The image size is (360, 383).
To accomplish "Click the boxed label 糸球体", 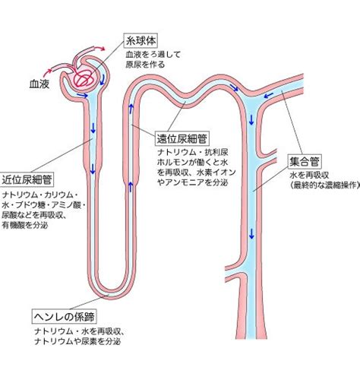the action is (x=141, y=40).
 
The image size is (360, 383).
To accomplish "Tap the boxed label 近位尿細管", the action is (x=27, y=179).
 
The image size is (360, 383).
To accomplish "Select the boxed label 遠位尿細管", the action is (x=182, y=138).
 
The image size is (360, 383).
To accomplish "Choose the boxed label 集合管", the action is (x=305, y=162).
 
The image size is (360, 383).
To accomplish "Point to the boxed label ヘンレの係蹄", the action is (x=65, y=316).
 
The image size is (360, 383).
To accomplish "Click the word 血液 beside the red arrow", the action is (x=39, y=84).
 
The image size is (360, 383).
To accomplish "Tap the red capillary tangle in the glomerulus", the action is (x=84, y=78).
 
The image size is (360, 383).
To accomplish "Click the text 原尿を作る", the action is (x=145, y=65).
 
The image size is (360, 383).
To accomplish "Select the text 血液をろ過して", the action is (x=153, y=55).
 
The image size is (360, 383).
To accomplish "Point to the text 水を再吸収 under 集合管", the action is (x=310, y=176).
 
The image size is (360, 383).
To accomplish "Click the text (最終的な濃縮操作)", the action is (x=325, y=185).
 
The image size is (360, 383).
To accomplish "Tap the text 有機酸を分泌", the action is (x=25, y=225).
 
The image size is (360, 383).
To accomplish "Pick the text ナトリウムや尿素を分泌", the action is (x=77, y=341).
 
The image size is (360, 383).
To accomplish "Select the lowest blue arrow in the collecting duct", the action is (x=251, y=233).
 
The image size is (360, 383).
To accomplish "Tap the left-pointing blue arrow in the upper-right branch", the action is (x=269, y=95).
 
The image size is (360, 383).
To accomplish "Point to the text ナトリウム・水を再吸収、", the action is (x=79, y=331).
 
